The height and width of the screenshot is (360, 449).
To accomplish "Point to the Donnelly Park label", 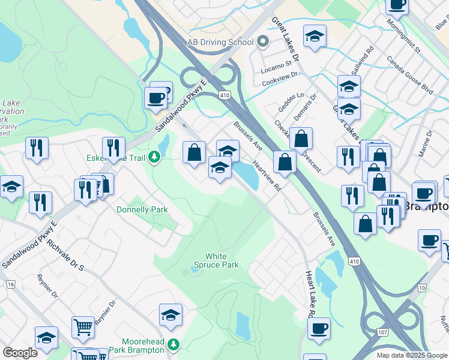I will click(x=142, y=209).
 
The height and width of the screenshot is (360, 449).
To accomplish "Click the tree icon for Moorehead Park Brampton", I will click(x=173, y=344).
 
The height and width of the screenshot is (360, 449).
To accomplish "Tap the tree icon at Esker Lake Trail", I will click(x=155, y=157).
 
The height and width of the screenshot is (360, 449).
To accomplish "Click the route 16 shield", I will click(x=10, y=284).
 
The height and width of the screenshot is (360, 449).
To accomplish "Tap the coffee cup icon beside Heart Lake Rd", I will click(x=319, y=329).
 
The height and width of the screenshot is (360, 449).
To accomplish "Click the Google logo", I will click(x=20, y=353).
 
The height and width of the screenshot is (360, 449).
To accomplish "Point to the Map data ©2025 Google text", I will click(x=412, y=355).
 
